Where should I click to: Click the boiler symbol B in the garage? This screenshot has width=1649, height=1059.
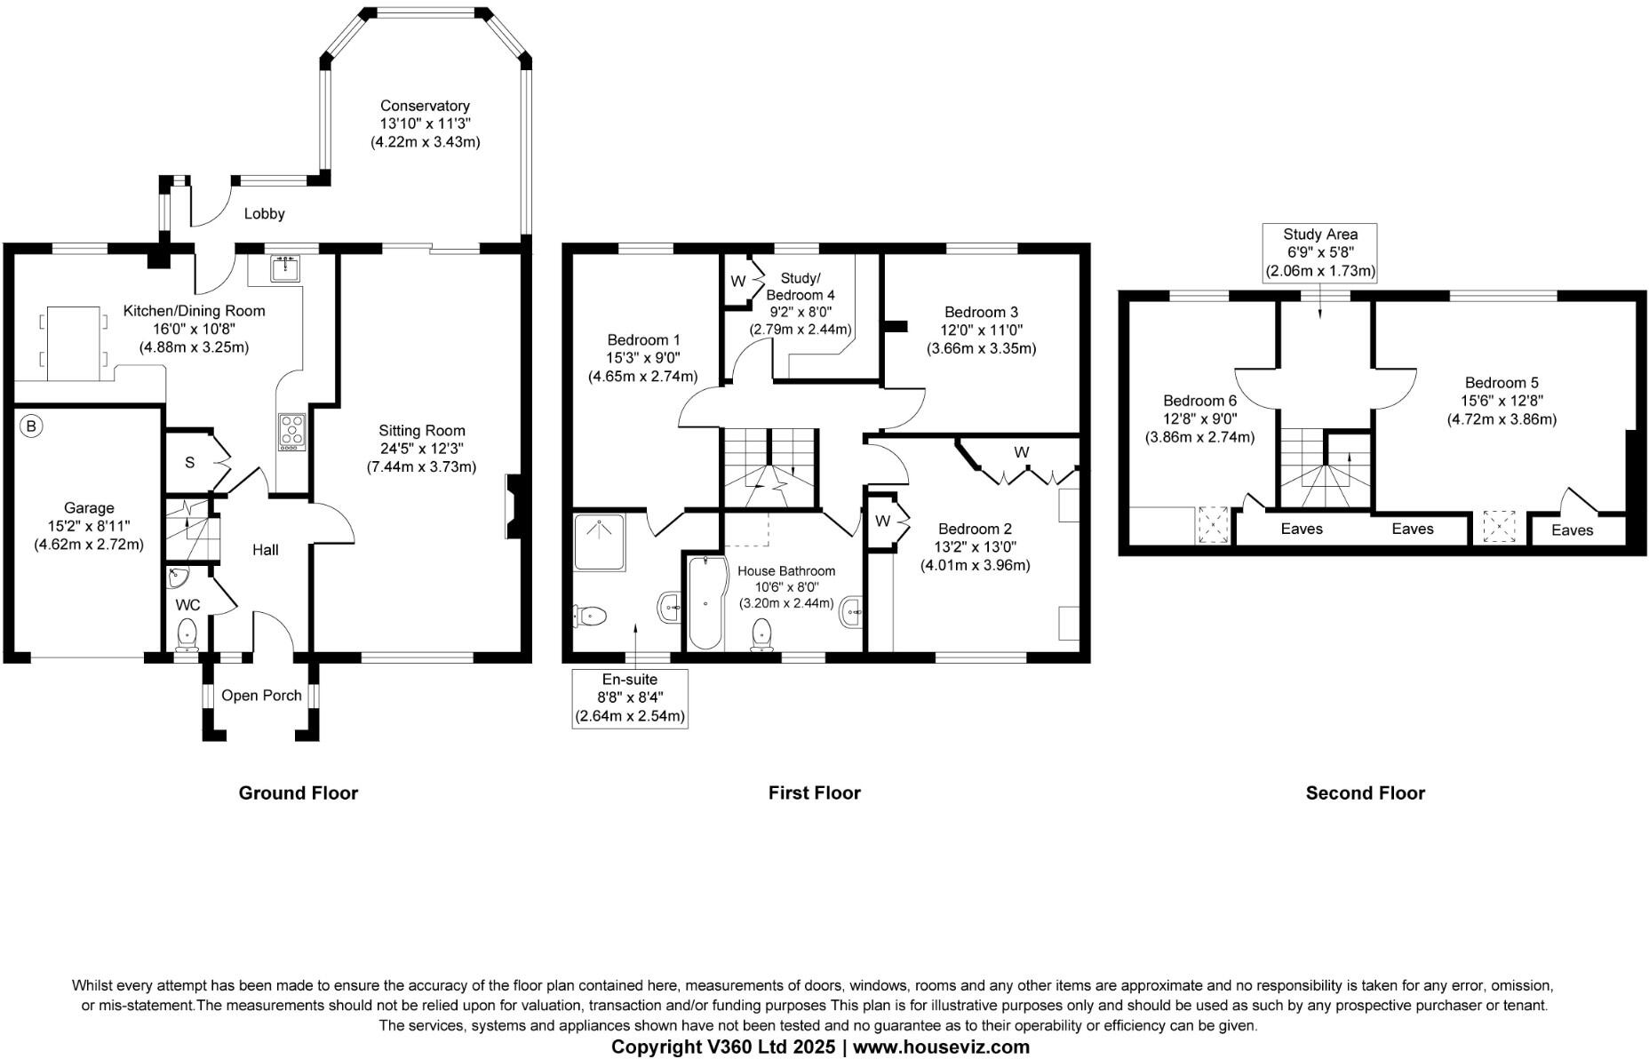point(31,427)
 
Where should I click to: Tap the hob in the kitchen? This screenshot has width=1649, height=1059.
point(291,432)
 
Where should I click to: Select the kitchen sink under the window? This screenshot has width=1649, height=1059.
point(286,267)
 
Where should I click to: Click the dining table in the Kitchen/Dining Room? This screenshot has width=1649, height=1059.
point(74,343)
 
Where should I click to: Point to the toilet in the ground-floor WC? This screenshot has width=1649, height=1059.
point(187,634)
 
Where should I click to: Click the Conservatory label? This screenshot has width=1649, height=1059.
point(425,106)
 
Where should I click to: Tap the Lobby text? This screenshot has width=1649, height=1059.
point(265,213)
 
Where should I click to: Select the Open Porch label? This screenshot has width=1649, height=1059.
point(261,696)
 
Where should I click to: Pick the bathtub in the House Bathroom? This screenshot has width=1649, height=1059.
point(705,601)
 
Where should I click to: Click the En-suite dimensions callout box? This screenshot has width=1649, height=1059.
point(630,698)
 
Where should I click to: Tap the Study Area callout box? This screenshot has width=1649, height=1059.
point(1319,253)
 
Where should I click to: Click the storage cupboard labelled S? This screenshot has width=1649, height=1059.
point(190,463)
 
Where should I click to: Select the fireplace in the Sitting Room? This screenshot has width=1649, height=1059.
point(514,507)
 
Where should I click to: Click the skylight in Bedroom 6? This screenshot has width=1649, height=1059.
point(1213,525)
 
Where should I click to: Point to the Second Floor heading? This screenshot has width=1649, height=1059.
point(1365,793)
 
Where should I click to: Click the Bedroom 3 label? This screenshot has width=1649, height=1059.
point(981,312)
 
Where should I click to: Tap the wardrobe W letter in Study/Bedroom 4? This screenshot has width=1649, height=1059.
point(737,282)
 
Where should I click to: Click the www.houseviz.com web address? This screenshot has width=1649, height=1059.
point(941,1047)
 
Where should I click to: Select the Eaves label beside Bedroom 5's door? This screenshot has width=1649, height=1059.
point(1572,530)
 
